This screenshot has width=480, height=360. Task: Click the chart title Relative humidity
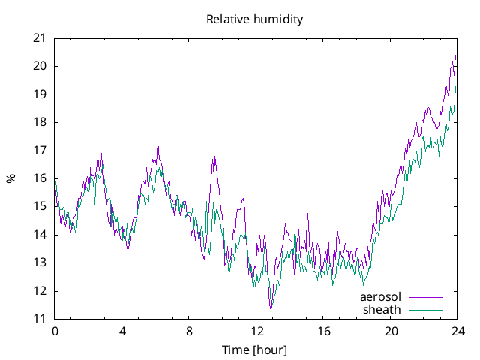tap(255, 19)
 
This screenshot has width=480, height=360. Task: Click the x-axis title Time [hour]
tap(255, 349)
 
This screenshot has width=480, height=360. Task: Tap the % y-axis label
tap(10, 178)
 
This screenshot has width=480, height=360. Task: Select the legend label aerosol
tap(381, 297)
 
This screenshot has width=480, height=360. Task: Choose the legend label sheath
tap(382, 309)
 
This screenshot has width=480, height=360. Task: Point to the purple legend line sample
tap(425, 298)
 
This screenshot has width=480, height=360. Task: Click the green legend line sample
tap(425, 310)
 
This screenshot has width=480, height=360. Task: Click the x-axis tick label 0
tap(55, 331)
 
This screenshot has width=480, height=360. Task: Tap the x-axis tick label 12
tap(256, 331)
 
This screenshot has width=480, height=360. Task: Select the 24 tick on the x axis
tap(458, 331)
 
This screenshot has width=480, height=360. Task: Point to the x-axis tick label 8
tap(189, 331)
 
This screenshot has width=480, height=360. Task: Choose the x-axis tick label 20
tap(391, 331)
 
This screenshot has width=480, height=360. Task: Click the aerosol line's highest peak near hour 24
tap(456, 55)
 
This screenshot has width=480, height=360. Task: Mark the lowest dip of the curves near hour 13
tap(271, 309)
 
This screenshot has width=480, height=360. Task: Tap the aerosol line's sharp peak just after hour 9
tap(214, 157)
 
